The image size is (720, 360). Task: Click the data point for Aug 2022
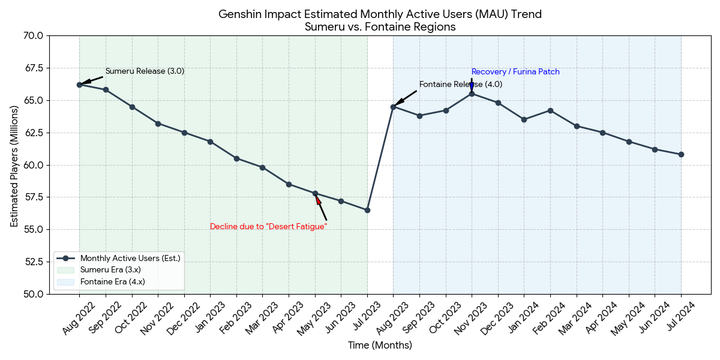(79, 85)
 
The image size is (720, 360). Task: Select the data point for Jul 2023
(367, 210)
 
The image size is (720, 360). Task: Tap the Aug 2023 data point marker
(393, 107)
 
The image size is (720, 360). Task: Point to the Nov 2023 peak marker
(472, 94)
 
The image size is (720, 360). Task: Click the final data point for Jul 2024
(681, 154)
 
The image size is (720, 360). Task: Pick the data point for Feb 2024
(550, 110)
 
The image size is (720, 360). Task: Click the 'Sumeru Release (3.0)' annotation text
(145, 71)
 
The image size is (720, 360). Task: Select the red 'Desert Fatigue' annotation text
(268, 226)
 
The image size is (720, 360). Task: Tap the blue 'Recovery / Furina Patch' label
(515, 72)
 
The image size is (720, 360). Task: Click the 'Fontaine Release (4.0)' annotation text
(460, 85)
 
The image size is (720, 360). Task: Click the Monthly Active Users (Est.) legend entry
(130, 258)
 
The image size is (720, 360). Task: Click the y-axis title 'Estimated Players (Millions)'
(14, 164)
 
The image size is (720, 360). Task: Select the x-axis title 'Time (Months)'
(380, 346)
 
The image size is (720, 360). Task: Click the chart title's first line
(380, 14)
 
